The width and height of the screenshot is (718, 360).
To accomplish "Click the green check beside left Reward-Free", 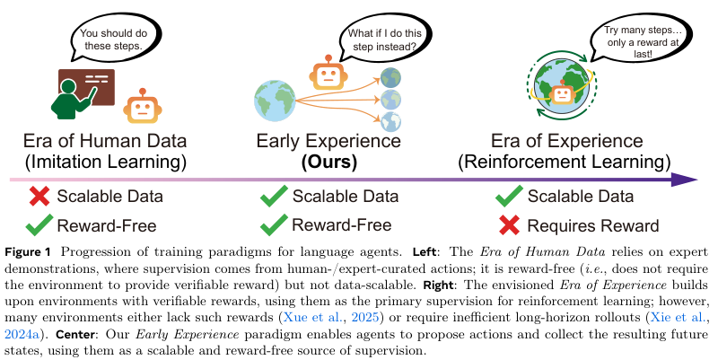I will tap(39, 224).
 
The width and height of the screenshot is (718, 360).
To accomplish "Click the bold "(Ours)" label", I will tap(328, 162).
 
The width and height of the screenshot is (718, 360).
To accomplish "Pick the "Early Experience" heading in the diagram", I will tap(328, 141).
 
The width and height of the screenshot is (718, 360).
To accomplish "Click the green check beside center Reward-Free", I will tap(273, 224).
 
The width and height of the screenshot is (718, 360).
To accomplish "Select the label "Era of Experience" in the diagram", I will tap(566, 141).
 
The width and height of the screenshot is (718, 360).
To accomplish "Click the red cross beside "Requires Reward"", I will tap(508, 224).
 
